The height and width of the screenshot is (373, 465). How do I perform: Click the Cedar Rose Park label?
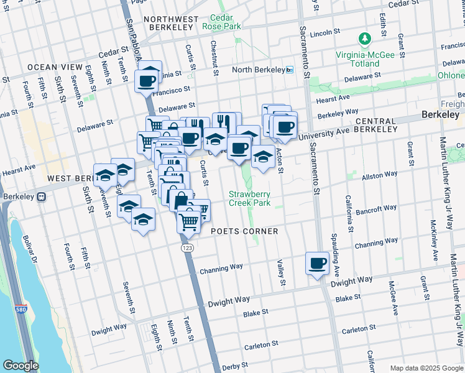[x=221, y=22]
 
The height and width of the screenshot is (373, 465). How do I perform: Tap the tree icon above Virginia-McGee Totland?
[x=366, y=39]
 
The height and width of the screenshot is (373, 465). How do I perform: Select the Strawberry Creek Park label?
[x=249, y=198]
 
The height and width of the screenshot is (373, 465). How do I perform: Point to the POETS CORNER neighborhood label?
[x=244, y=231]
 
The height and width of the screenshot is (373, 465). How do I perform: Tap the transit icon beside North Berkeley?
[x=290, y=70]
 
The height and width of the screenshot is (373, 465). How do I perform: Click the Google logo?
[x=21, y=366]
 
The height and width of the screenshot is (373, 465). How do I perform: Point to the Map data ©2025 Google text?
[x=425, y=368]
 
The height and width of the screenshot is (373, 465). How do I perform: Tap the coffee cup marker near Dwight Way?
[x=317, y=264]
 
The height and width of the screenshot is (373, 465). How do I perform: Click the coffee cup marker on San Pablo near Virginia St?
[x=147, y=81]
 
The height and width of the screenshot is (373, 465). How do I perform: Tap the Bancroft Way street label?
[x=381, y=208]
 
